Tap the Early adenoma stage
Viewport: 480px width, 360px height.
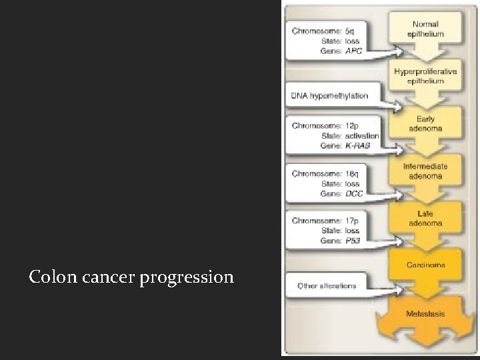pos(425,123)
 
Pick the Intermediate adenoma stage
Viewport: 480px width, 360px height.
pos(425,171)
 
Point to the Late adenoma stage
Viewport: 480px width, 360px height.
pos(425,218)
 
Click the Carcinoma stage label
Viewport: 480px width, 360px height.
pos(426,265)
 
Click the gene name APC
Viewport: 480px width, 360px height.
pos(354,51)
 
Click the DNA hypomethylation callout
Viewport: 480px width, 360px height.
pos(329,95)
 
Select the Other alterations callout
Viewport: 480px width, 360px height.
pos(327,286)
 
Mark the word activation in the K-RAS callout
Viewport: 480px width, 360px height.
pos(362,135)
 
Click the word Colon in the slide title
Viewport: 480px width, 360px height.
pos(49,276)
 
